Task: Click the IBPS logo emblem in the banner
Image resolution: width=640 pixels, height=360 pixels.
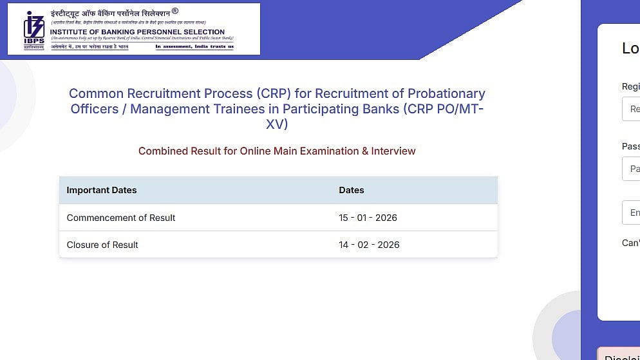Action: pyautogui.click(x=33, y=29)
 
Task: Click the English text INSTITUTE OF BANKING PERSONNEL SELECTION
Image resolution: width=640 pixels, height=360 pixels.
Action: pyautogui.click(x=137, y=32)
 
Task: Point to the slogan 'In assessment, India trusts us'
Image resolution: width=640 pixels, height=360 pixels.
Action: pyautogui.click(x=194, y=46)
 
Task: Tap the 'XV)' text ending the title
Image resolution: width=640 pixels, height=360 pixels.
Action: pyautogui.click(x=277, y=124)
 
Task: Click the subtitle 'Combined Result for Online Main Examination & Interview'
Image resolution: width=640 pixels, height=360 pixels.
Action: pyautogui.click(x=277, y=151)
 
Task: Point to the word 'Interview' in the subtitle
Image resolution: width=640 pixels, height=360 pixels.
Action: pyautogui.click(x=393, y=151)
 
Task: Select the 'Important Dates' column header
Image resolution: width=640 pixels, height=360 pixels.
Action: pyautogui.click(x=102, y=190)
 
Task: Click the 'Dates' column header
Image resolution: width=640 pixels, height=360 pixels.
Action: pyautogui.click(x=352, y=190)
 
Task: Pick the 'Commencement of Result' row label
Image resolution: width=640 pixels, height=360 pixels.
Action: pyautogui.click(x=121, y=218)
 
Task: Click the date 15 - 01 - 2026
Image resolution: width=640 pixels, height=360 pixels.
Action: pyautogui.click(x=368, y=218)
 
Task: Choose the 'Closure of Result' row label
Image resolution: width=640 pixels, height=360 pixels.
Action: pyautogui.click(x=102, y=245)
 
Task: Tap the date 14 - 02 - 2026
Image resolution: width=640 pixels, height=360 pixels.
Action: pyautogui.click(x=369, y=245)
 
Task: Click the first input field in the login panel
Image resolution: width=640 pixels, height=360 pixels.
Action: pyautogui.click(x=631, y=109)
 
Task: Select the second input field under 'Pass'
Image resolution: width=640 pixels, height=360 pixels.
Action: pyautogui.click(x=631, y=169)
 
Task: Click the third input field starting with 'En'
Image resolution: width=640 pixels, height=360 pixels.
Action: pyautogui.click(x=631, y=213)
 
